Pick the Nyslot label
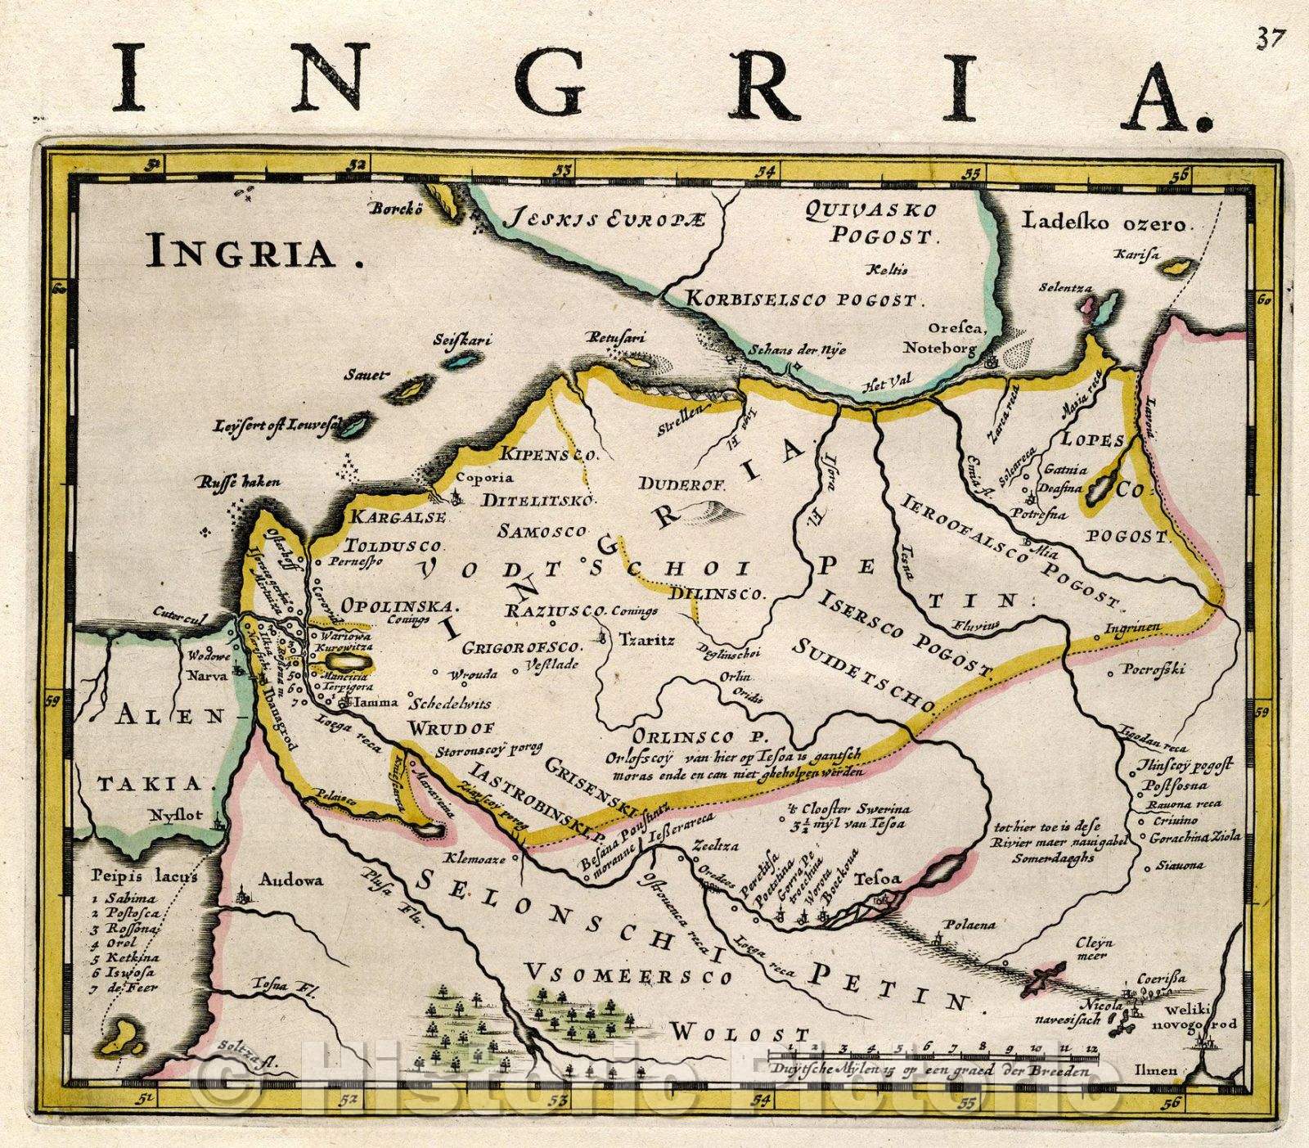pyautogui.click(x=169, y=815)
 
